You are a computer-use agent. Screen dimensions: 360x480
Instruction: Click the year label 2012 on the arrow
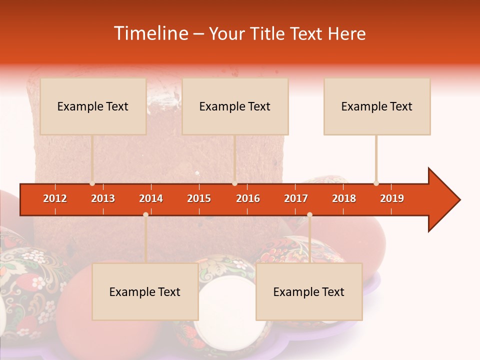click(x=55, y=198)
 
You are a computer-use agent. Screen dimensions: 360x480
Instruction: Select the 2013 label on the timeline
click(x=103, y=198)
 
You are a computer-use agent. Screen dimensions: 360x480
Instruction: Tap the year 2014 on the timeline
click(x=151, y=198)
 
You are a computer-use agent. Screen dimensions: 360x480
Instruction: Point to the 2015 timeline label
click(x=199, y=198)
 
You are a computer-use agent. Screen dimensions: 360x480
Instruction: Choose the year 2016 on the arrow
click(x=248, y=198)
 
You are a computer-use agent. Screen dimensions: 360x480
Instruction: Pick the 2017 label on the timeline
click(x=296, y=198)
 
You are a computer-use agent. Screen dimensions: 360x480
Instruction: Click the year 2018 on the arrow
click(x=344, y=198)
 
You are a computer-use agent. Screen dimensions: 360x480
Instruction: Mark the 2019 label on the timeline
click(x=392, y=198)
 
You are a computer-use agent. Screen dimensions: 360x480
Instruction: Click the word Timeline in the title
click(x=150, y=33)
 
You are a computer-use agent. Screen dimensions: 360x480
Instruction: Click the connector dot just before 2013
click(x=92, y=183)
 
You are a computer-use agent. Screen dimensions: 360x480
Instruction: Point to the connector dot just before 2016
click(x=234, y=183)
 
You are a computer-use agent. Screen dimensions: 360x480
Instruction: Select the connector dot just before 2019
click(x=376, y=183)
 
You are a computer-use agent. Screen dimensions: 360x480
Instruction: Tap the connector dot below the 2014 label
click(x=145, y=214)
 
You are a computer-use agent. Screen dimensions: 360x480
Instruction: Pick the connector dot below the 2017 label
click(x=309, y=214)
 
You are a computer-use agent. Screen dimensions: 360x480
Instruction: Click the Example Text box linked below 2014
click(x=145, y=291)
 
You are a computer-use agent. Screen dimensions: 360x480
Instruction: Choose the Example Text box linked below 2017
click(x=308, y=291)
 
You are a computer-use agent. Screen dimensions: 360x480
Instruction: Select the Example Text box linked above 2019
click(x=376, y=106)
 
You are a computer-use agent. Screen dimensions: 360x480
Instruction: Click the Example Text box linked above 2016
click(x=234, y=106)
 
